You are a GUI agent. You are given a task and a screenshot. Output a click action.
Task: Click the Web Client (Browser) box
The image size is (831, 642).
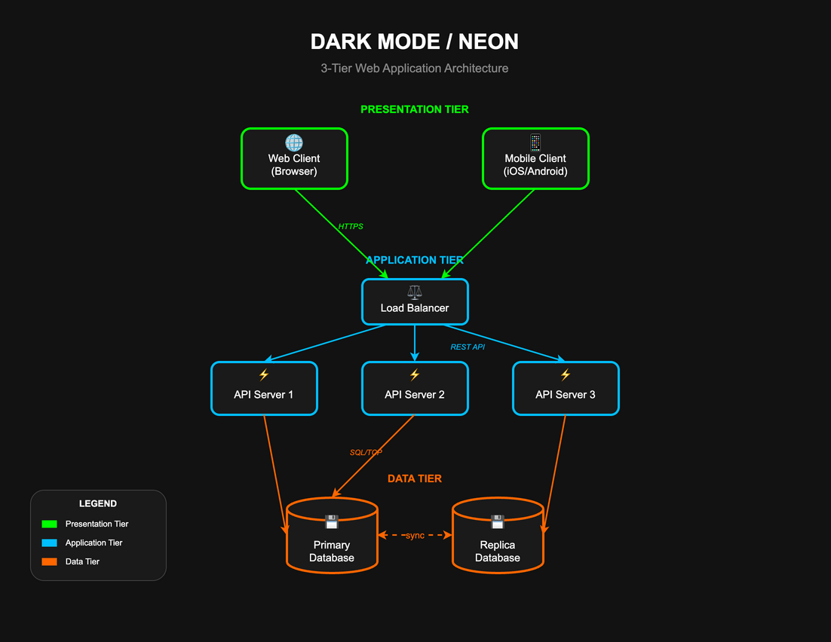click(294, 159)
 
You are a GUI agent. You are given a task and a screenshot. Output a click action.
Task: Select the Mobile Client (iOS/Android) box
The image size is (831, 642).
click(535, 159)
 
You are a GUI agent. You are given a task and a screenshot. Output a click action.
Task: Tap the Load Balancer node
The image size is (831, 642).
click(415, 302)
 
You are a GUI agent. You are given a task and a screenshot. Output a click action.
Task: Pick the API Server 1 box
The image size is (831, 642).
click(264, 389)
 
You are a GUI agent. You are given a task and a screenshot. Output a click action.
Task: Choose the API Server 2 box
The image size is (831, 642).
click(415, 389)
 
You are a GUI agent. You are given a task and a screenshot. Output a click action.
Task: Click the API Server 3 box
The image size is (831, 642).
click(566, 389)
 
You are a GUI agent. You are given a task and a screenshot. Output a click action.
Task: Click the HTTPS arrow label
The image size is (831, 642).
click(351, 226)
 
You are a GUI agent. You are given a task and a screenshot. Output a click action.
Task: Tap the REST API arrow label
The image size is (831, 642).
click(468, 347)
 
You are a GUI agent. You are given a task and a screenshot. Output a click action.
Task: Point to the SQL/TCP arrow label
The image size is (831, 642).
click(366, 453)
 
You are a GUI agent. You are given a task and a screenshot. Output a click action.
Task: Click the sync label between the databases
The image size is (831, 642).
click(415, 535)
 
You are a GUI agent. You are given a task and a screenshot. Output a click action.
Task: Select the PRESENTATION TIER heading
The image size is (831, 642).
click(415, 109)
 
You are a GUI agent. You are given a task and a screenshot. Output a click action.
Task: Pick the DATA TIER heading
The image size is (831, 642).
click(415, 478)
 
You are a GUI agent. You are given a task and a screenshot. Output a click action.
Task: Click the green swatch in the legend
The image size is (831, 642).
click(49, 524)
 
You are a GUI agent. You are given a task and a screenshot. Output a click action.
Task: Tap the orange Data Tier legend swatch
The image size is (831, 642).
click(49, 561)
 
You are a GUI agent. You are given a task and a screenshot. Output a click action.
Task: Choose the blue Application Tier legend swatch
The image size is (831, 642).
click(49, 543)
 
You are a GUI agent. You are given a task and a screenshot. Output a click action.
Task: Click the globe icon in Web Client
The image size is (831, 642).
click(294, 142)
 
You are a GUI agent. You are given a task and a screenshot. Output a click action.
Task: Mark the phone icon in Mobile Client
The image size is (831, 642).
click(535, 142)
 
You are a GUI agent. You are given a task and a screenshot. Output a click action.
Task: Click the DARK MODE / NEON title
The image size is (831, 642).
click(415, 41)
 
